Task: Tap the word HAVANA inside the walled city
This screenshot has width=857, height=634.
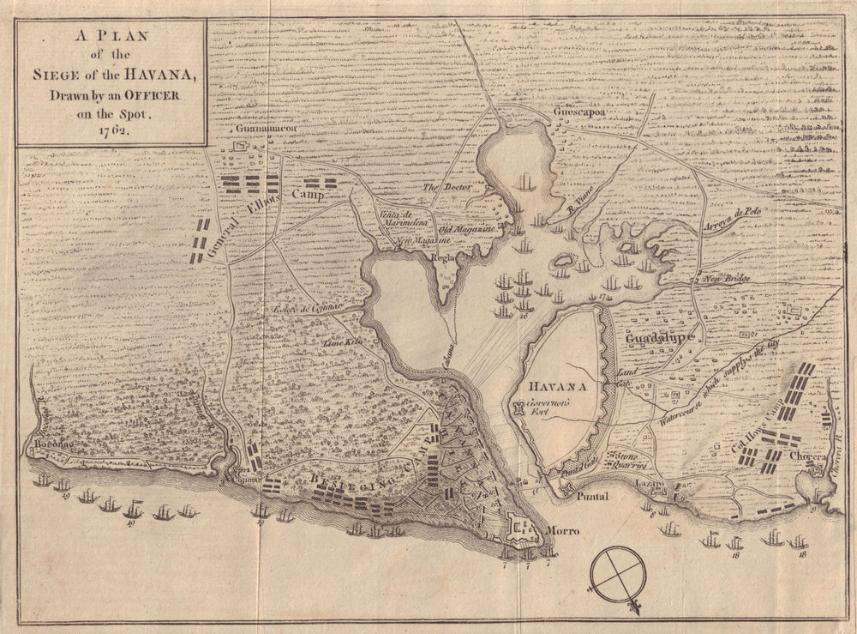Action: (x=559, y=387)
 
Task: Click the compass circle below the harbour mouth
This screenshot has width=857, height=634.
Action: (x=618, y=572)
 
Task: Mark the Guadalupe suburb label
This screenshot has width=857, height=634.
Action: (x=659, y=339)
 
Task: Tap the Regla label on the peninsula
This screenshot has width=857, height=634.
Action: (x=442, y=256)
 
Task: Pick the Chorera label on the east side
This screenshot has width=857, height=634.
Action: (x=806, y=454)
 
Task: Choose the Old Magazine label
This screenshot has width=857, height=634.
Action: (x=468, y=230)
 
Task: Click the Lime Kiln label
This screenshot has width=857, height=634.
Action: (x=341, y=342)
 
